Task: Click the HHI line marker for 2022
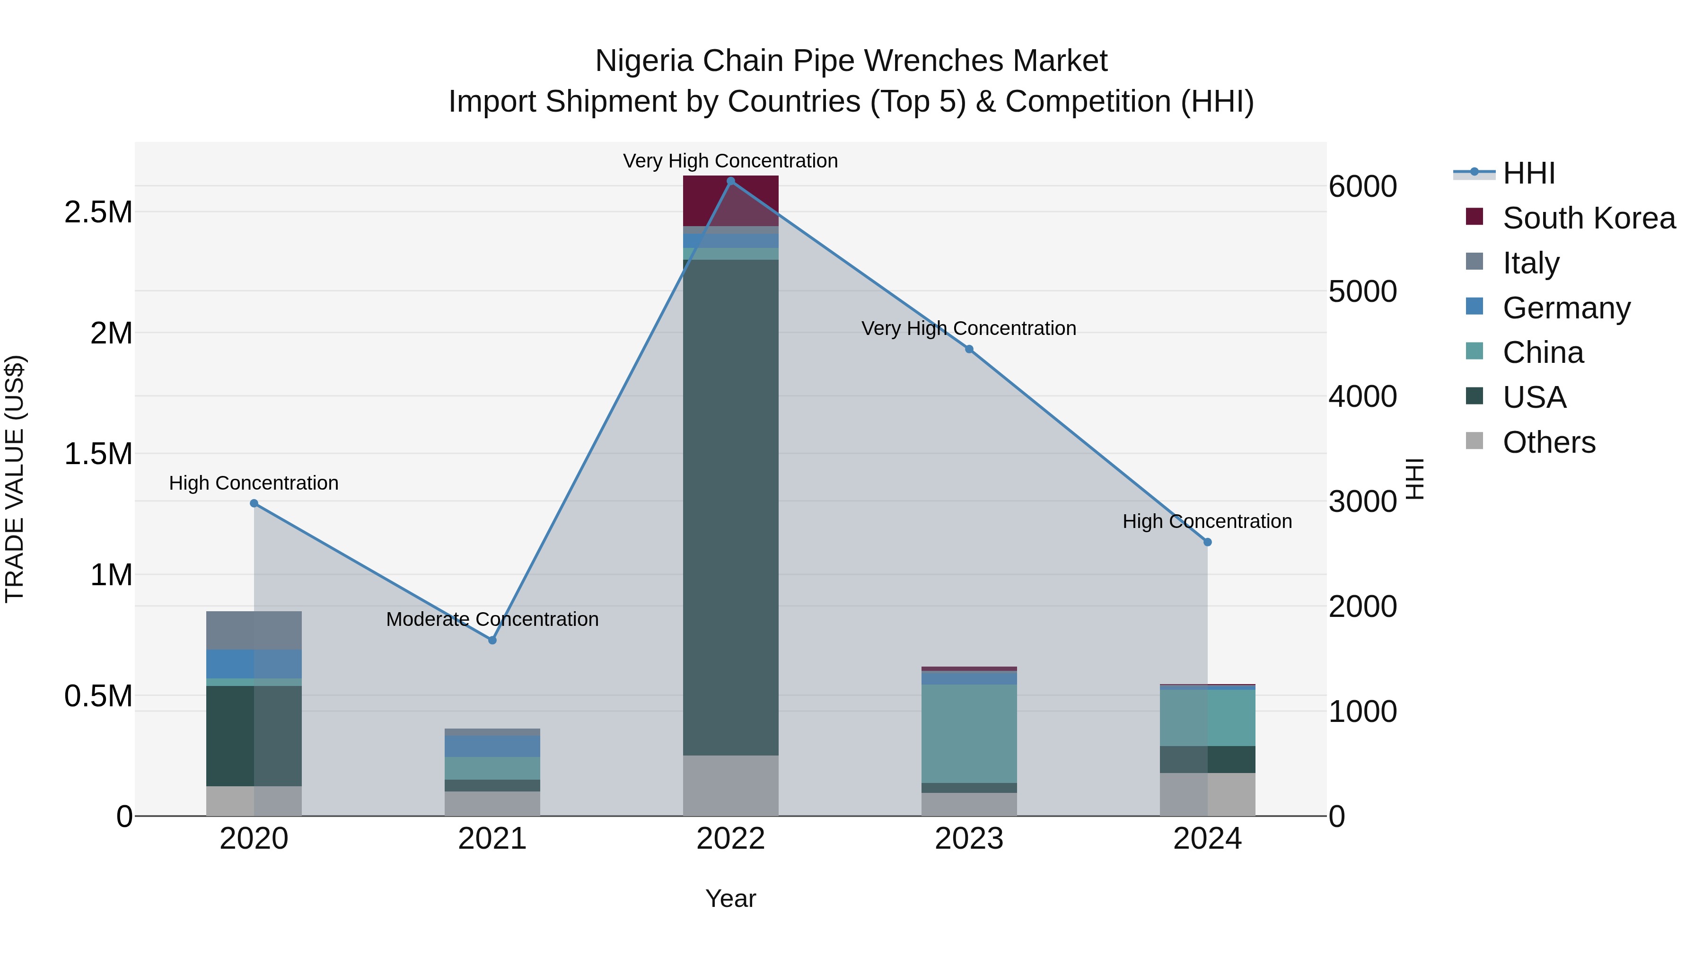pyautogui.click(x=730, y=181)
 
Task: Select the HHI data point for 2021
pyautogui.click(x=492, y=640)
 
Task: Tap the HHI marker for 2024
pyautogui.click(x=1207, y=542)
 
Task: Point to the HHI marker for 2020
pyautogui.click(x=254, y=503)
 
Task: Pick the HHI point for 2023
pyautogui.click(x=969, y=349)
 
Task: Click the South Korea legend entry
pyautogui.click(x=1589, y=218)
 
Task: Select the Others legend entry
pyautogui.click(x=1548, y=442)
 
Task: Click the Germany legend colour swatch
pyautogui.click(x=1474, y=307)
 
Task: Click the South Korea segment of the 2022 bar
pyautogui.click(x=730, y=200)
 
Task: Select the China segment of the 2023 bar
pyautogui.click(x=969, y=734)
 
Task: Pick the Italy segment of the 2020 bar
pyautogui.click(x=254, y=630)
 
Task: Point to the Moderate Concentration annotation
pyautogui.click(x=492, y=619)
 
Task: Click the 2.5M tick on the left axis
pyautogui.click(x=98, y=212)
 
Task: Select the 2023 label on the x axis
pyautogui.click(x=969, y=839)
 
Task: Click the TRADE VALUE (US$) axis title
pyautogui.click(x=15, y=479)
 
